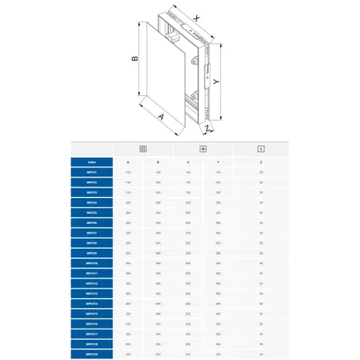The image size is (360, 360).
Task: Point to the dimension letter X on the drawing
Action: (198, 17)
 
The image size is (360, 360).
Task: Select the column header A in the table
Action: (129, 160)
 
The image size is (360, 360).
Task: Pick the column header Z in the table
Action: (261, 160)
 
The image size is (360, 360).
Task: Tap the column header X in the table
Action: (188, 160)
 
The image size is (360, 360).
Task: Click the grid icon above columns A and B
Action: (143, 148)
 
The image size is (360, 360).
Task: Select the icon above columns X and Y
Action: (203, 148)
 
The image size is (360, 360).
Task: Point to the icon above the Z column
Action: (261, 148)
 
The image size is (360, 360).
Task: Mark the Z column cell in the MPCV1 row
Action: (261, 172)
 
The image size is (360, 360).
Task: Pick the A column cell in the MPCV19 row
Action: (129, 353)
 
